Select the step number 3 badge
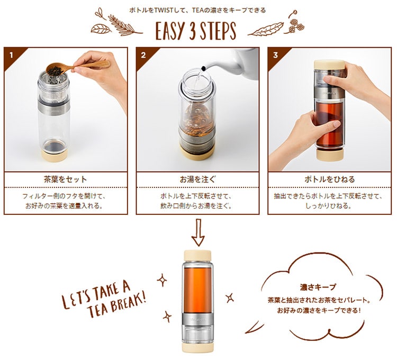(275, 54)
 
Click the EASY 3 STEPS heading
(195, 30)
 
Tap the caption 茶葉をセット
(66, 179)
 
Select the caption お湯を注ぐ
(197, 179)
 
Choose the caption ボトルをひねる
(329, 179)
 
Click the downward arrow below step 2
(197, 233)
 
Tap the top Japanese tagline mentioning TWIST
(198, 10)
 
